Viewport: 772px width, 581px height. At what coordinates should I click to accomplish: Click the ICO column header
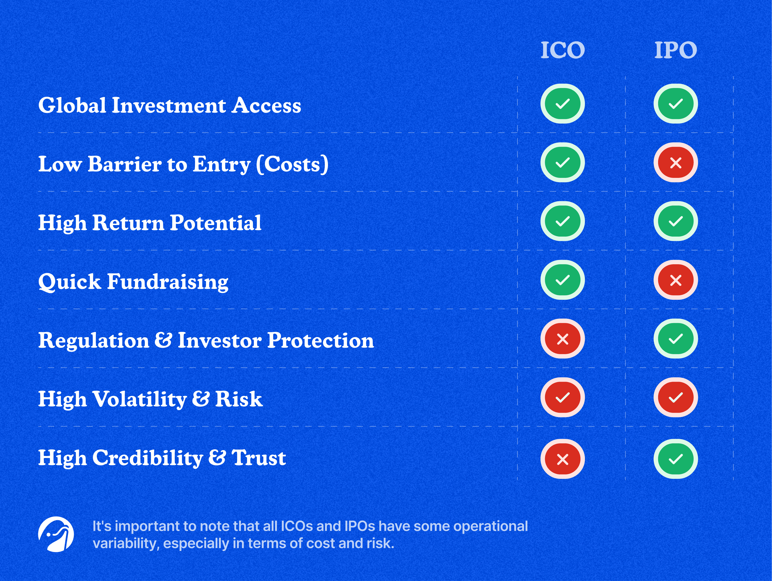click(563, 50)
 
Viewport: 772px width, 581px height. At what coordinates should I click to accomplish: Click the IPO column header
click(676, 50)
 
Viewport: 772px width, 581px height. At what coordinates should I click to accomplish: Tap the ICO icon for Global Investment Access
click(563, 104)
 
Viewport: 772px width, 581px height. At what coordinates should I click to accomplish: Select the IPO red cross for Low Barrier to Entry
click(676, 162)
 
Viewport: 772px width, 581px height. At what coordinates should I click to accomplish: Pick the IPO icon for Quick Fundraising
click(676, 280)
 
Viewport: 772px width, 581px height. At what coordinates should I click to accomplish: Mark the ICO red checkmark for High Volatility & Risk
click(563, 397)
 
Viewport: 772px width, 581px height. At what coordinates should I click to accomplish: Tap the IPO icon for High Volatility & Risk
click(676, 397)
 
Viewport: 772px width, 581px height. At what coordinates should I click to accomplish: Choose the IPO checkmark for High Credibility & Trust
click(676, 459)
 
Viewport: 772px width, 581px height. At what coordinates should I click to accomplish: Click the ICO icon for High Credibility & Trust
click(563, 459)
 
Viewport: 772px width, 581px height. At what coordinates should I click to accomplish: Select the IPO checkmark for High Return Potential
click(676, 221)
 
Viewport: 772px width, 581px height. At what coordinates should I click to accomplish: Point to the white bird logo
click(56, 534)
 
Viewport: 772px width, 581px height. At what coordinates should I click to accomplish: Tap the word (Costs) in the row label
click(292, 164)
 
